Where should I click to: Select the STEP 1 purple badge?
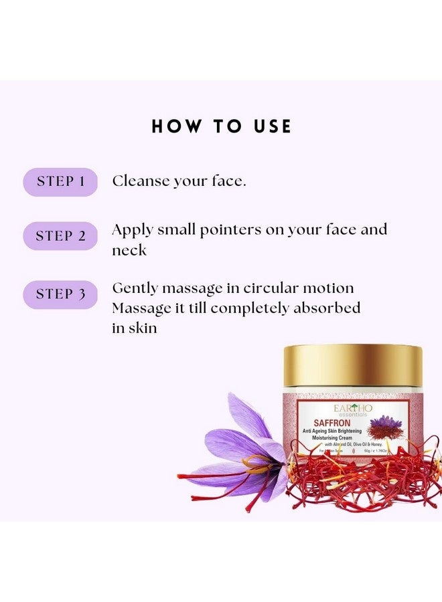coord(60,181)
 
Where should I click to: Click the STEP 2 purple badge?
coord(60,236)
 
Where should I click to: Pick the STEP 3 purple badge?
coord(60,294)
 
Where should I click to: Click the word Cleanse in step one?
coord(140,181)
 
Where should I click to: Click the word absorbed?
coord(326,308)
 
